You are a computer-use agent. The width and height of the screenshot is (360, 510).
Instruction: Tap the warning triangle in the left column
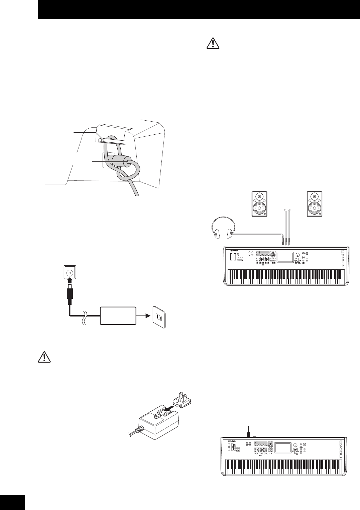tap(44, 357)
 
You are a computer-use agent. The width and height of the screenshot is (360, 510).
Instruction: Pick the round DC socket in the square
tap(70, 272)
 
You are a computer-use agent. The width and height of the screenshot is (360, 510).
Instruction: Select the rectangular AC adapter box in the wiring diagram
tap(118, 315)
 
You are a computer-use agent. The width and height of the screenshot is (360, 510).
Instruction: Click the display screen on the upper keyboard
tap(285, 257)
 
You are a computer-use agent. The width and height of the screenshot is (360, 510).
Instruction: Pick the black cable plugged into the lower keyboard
tap(248, 433)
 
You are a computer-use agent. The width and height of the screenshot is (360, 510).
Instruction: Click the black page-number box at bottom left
tap(12, 502)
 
